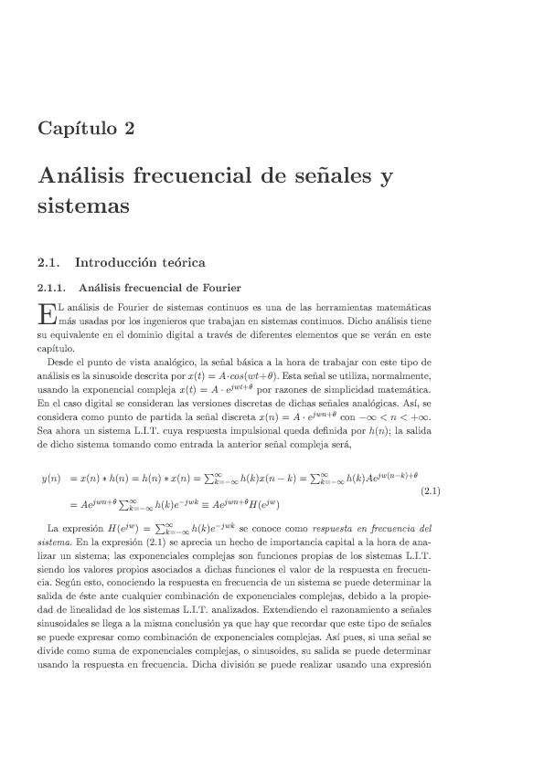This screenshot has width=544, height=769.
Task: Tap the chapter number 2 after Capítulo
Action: tap(129, 128)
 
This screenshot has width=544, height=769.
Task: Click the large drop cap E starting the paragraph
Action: tap(47, 314)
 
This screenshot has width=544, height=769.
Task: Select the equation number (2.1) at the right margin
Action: tap(430, 491)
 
